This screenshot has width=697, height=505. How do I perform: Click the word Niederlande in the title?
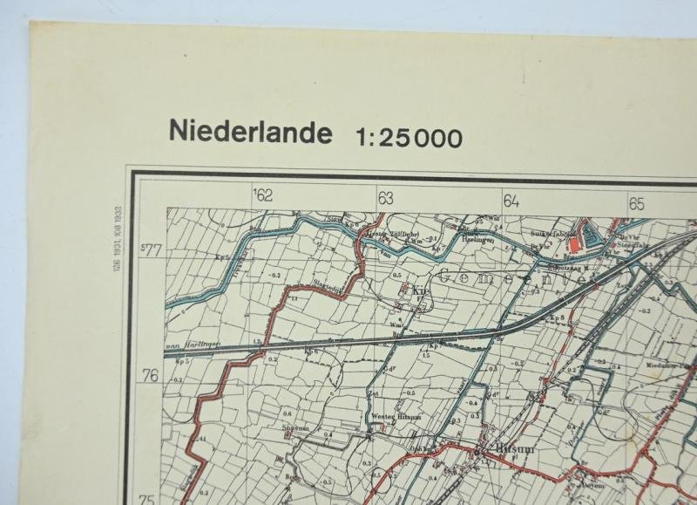(251, 133)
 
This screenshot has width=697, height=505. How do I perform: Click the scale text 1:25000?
(409, 138)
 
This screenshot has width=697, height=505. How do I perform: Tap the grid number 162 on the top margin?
(262, 195)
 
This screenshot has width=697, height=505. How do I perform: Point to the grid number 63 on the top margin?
(386, 198)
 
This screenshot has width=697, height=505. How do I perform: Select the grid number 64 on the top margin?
(511, 201)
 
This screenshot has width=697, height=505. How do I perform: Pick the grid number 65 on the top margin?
(637, 203)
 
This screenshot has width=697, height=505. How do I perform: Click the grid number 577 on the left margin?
(152, 252)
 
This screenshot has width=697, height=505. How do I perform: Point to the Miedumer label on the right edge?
(661, 365)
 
